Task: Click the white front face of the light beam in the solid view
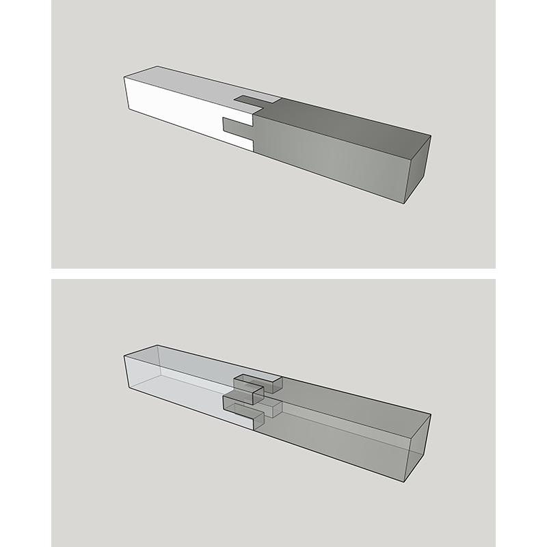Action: (x=171, y=109)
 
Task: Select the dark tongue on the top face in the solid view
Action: (x=256, y=103)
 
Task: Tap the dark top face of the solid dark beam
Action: (x=349, y=123)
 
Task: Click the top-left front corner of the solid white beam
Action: (x=123, y=78)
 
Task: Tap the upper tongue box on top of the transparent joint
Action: (x=258, y=381)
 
